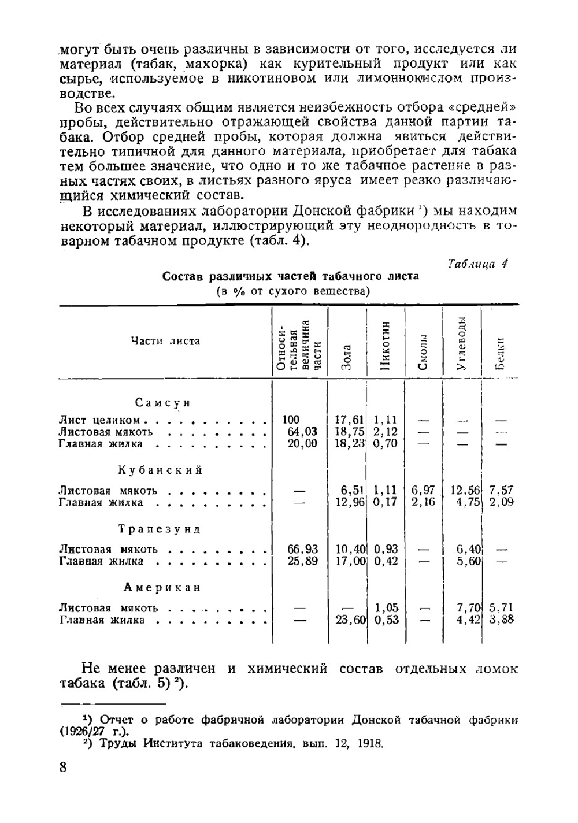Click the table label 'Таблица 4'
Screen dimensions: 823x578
pos(478,264)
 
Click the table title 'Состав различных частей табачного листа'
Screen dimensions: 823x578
pos(290,276)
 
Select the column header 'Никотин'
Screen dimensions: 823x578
pos(386,345)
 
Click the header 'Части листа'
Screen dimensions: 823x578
pos(165,341)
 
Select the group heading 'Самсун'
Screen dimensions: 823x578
pos(163,403)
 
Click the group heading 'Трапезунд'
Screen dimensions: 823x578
pos(160,529)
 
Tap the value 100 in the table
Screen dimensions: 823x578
pos(291,420)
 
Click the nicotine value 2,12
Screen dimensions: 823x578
pos(385,432)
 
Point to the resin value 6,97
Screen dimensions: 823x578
pos(423,491)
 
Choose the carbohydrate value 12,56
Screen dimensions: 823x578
pos(465,491)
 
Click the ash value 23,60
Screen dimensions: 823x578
pos(350,620)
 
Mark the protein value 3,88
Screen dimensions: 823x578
pos(501,620)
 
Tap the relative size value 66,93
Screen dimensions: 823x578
pos(302,549)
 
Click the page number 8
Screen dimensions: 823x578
pos(62,768)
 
